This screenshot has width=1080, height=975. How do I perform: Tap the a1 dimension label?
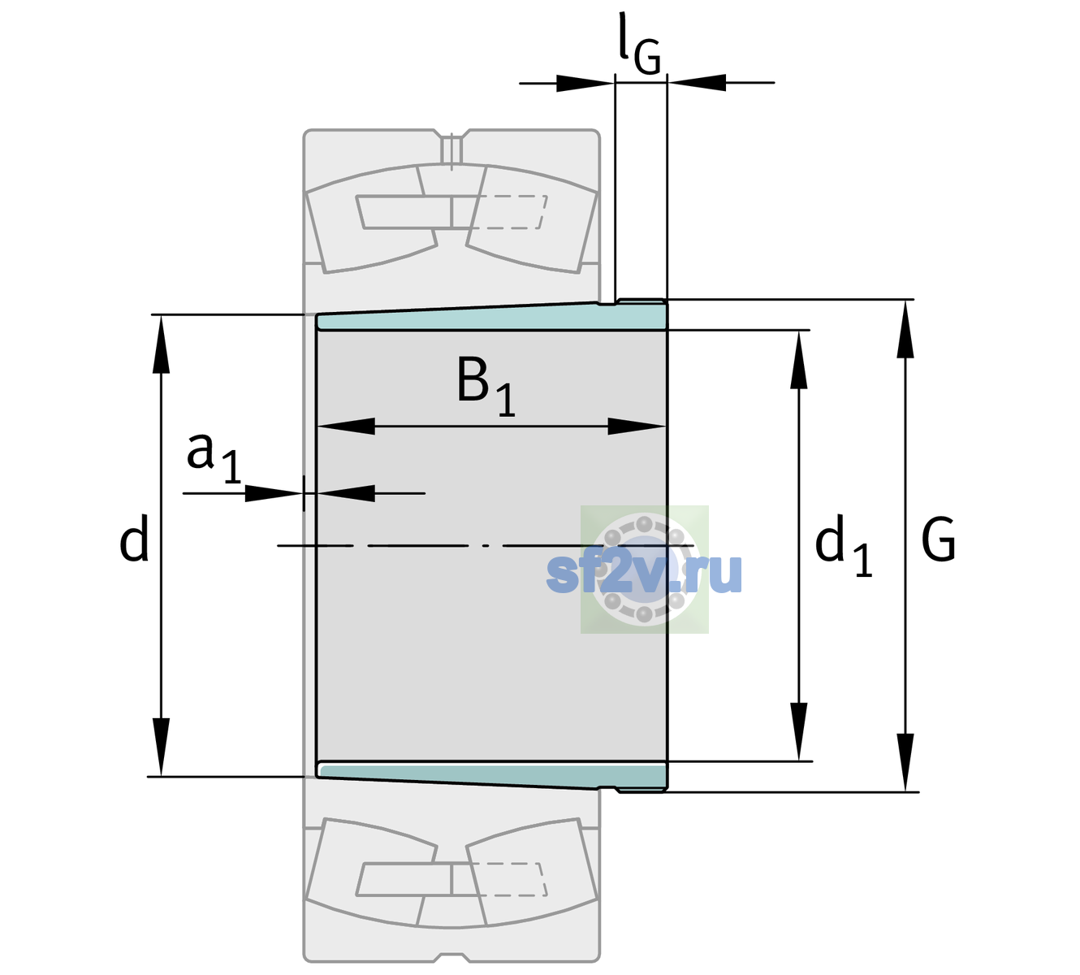click(214, 458)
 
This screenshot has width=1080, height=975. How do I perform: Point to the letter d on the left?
click(133, 538)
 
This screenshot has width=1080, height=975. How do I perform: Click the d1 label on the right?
click(843, 544)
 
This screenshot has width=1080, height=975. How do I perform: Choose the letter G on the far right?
click(939, 539)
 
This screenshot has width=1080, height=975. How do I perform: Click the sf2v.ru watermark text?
click(644, 572)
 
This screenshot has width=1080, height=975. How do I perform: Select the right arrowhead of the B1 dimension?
click(637, 426)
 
